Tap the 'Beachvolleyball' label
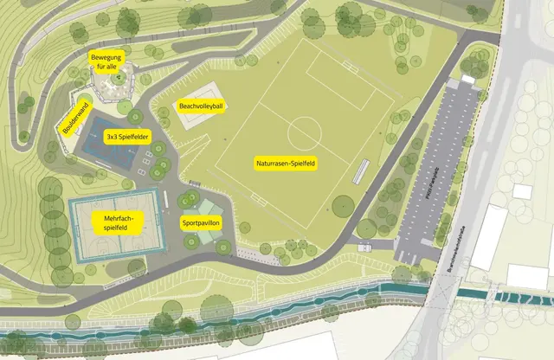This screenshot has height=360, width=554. click(x=201, y=106)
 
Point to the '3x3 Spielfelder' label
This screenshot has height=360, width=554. click(x=127, y=137)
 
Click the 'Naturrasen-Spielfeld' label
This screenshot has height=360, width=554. click(x=285, y=163)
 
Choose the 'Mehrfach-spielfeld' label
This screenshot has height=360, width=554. click(x=115, y=223)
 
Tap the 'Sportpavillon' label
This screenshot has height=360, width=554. click(x=200, y=222)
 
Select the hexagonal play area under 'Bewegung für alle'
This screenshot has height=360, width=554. click(x=111, y=85)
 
